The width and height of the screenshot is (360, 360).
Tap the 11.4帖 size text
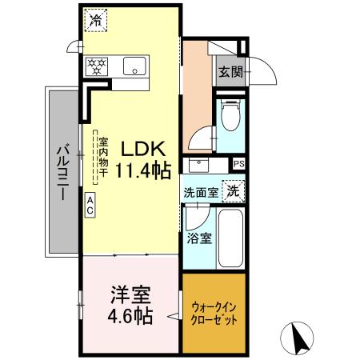point(143,170)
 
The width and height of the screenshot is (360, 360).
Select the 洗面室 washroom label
point(201,193)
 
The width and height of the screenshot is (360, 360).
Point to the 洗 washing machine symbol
point(233,191)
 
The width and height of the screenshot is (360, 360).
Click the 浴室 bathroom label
point(200,238)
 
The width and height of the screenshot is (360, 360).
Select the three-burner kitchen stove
point(98,66)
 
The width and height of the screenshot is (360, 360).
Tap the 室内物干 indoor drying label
point(102,158)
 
